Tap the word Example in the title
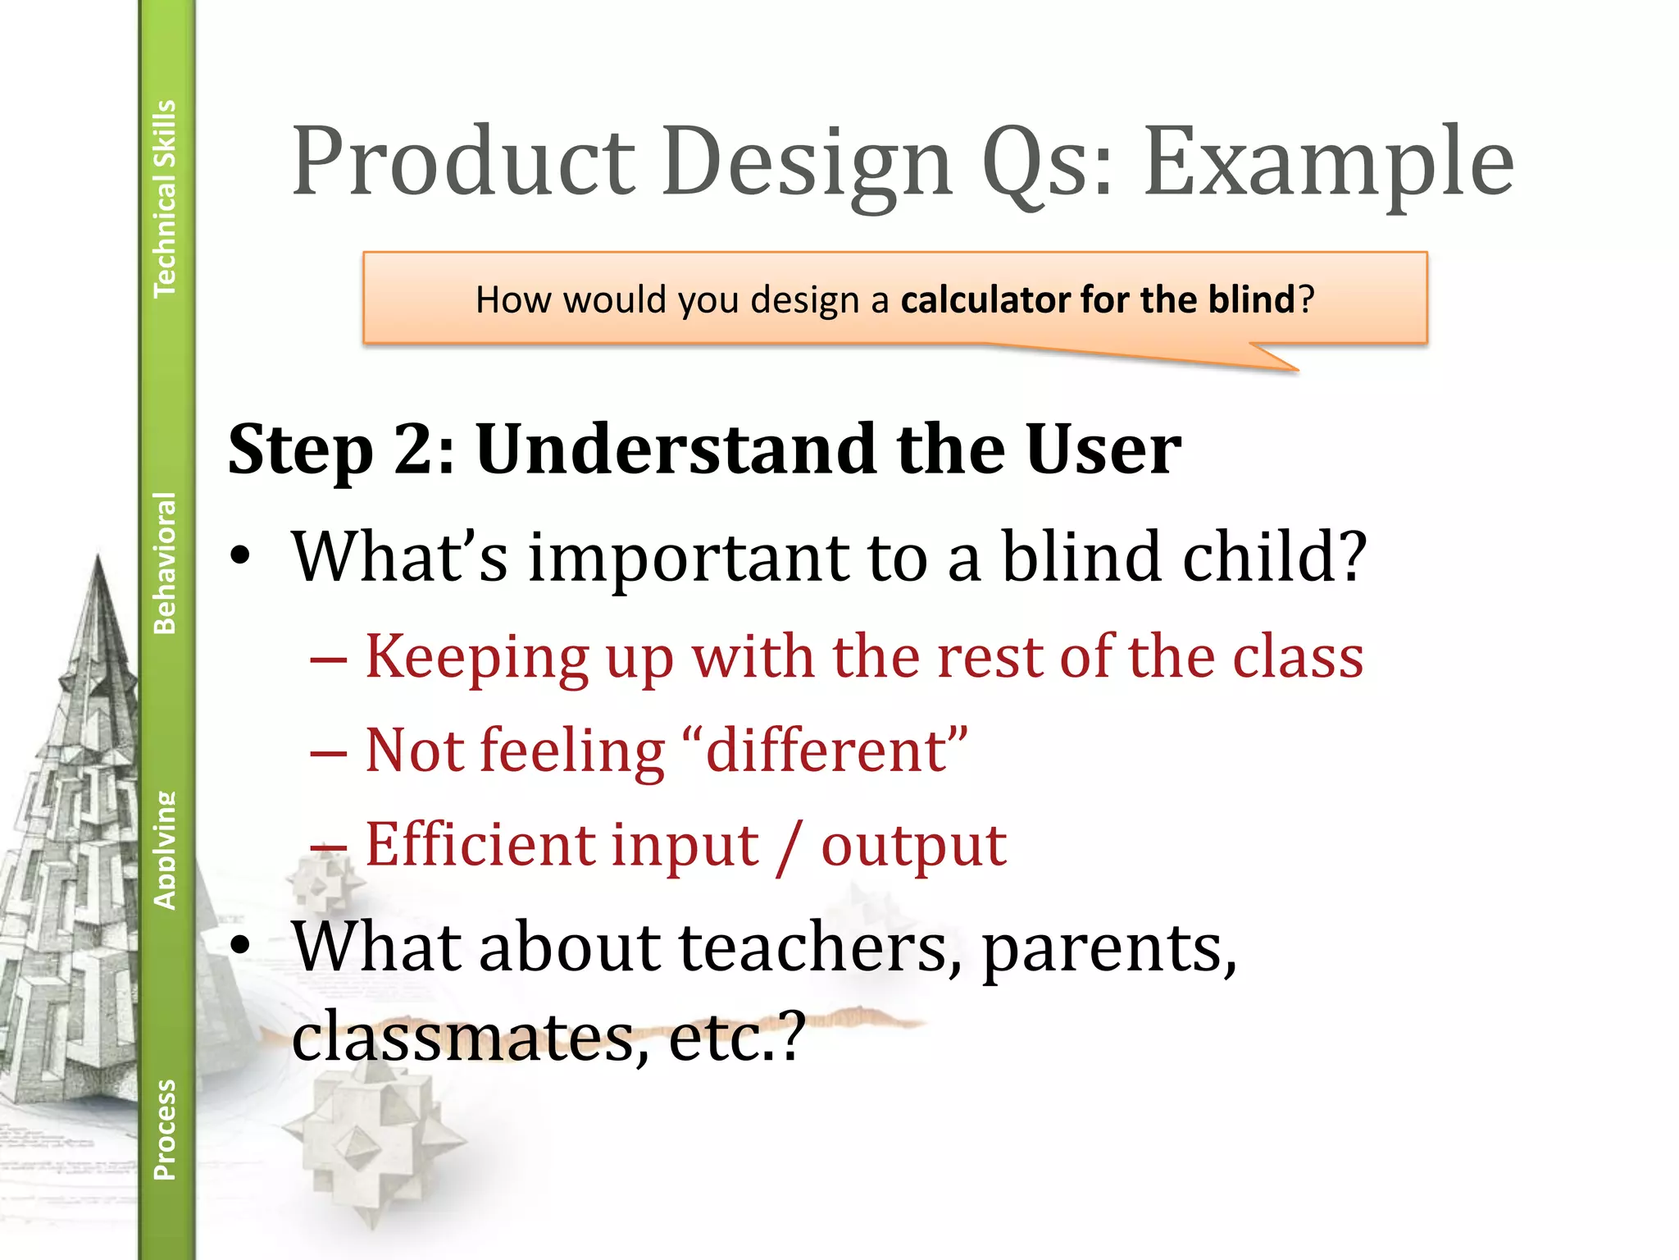pos(1328,164)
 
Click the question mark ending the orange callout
pos(1307,299)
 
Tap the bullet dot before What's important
pos(239,558)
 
